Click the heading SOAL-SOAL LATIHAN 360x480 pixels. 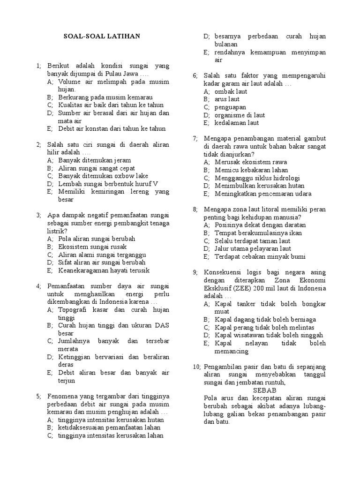pos(102,36)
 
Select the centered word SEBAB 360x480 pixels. pos(265,390)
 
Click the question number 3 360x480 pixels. pos(39,215)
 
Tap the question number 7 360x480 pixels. pos(195,138)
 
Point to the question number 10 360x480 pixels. pos(196,366)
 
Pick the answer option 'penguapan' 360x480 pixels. pos(231,107)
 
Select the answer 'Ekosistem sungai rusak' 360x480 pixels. pos(92,247)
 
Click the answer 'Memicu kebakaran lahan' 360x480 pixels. pos(251,170)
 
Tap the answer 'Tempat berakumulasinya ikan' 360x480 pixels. pos(258,233)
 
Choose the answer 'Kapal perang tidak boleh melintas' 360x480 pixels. pos(264,327)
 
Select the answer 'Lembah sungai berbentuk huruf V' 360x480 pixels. pos(108,184)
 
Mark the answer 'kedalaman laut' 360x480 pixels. pos(237,123)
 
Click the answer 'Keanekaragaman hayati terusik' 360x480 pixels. pos(104,270)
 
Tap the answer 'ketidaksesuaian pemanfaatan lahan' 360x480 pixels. pos(109,427)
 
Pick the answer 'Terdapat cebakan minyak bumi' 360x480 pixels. pos(260,257)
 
